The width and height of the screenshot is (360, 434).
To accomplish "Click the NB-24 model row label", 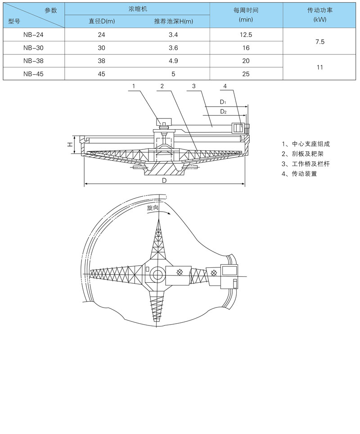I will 34,34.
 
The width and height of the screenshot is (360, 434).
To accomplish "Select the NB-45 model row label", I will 34,74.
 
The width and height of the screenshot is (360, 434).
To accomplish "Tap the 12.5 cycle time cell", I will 246,34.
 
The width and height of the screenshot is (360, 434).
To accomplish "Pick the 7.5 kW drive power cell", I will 320,41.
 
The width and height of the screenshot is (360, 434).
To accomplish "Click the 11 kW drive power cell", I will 320,67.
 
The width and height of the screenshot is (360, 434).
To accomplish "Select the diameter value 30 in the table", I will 101,48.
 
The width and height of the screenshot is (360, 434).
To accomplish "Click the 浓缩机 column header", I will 137,9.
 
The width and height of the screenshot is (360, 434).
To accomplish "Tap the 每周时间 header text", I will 246,10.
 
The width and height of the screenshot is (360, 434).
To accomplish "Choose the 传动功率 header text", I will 319,10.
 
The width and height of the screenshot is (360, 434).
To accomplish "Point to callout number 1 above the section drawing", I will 134,86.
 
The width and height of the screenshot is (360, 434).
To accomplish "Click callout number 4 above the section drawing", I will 225,86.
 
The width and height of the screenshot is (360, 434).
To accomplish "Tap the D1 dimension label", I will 223,103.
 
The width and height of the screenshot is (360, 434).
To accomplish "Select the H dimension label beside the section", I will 70,144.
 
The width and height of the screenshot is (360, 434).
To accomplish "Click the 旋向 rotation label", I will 153,208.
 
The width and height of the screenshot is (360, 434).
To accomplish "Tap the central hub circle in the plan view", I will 158,273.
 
